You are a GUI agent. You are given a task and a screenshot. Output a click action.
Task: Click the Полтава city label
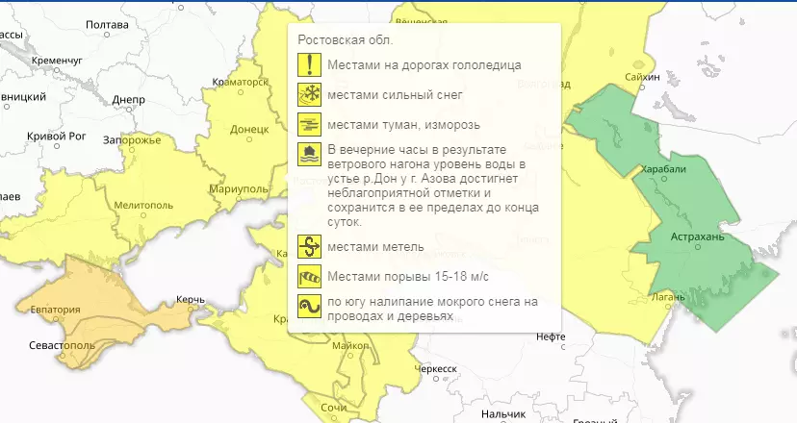point(108,24)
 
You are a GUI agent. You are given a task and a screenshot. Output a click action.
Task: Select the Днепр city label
point(128,99)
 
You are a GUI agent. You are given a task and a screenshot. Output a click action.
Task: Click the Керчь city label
point(192,301)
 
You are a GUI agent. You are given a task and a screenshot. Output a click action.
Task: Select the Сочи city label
point(333,409)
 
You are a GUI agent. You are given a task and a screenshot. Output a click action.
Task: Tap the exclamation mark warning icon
point(309,65)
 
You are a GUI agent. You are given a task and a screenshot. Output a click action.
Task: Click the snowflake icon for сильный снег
point(309,95)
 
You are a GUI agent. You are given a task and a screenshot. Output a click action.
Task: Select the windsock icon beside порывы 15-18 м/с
point(309,277)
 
